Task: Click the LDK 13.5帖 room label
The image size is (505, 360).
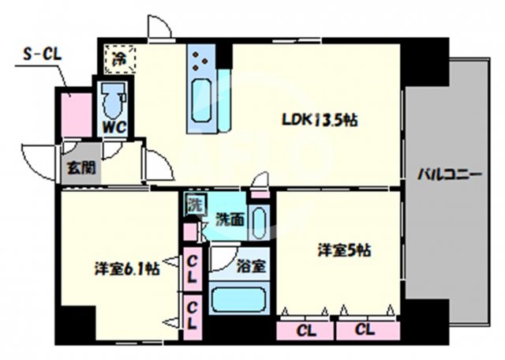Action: (x=321, y=121)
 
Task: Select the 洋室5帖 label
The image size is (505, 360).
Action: (x=345, y=251)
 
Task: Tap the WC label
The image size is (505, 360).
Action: (x=110, y=126)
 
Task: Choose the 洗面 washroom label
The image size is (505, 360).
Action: (x=230, y=220)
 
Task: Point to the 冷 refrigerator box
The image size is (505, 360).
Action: (x=118, y=57)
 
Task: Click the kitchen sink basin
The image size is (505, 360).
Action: (x=202, y=102)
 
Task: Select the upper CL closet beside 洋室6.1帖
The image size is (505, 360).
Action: (x=192, y=268)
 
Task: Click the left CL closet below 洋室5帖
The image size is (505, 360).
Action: (x=305, y=328)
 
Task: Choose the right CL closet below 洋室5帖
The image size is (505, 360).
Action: (x=364, y=328)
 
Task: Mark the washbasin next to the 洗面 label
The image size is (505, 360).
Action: (x=261, y=223)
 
